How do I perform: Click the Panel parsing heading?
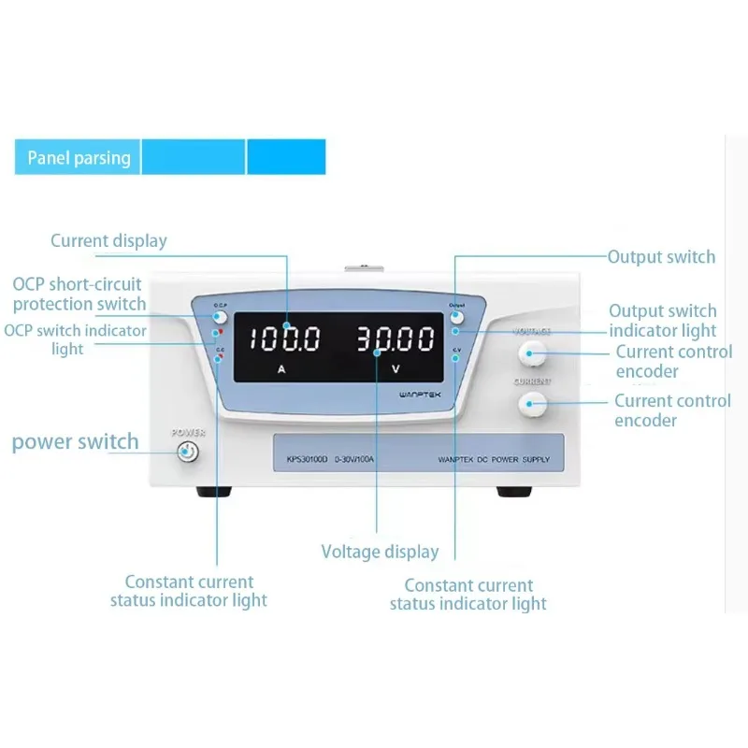click(x=79, y=157)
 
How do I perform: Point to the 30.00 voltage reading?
click(x=396, y=338)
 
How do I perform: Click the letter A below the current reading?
click(x=281, y=369)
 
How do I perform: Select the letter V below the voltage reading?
click(x=396, y=369)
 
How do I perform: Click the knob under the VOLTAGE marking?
click(x=532, y=353)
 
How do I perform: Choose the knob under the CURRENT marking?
click(x=532, y=403)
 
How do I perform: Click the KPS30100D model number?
click(x=301, y=459)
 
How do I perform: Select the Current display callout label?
click(x=108, y=241)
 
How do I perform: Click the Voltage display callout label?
click(x=380, y=552)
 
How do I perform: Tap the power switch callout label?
click(x=75, y=441)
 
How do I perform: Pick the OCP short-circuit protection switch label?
click(x=79, y=294)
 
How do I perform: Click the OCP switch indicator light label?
click(x=75, y=339)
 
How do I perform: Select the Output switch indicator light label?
click(x=663, y=320)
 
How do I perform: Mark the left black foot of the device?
click(x=212, y=491)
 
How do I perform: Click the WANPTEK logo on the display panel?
click(x=423, y=395)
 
